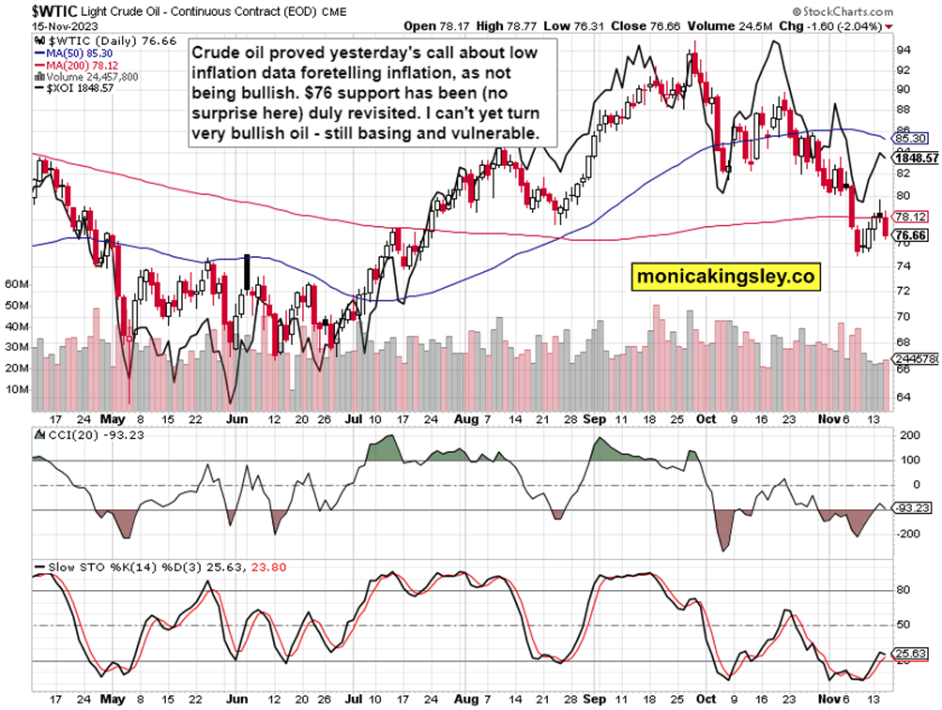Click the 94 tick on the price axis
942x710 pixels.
900,49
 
